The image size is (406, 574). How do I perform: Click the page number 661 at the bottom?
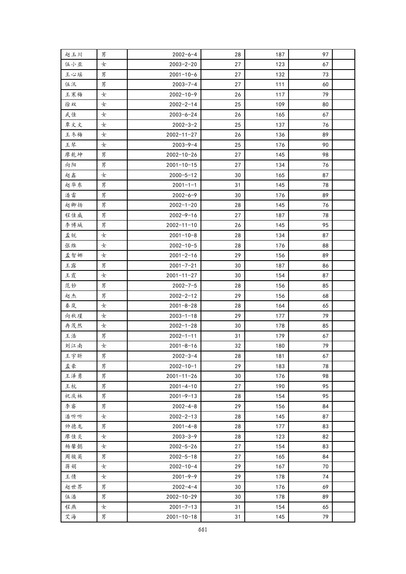(x=202, y=530)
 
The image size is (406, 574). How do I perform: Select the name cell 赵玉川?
(x=74, y=54)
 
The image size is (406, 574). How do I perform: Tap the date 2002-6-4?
(x=184, y=54)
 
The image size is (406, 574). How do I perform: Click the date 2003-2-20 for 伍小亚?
(x=183, y=64)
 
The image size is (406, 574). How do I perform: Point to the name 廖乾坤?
(x=74, y=155)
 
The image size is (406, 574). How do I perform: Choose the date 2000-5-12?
(x=183, y=175)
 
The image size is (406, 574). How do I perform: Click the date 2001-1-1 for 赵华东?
(x=184, y=185)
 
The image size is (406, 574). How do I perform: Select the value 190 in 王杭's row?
(x=280, y=386)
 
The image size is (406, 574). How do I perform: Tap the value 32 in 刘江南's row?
(x=238, y=346)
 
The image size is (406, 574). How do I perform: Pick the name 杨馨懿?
(x=74, y=446)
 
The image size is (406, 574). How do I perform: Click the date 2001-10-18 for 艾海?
(x=181, y=517)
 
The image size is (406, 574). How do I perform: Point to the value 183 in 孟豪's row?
(x=280, y=366)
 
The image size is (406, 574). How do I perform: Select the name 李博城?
(x=74, y=225)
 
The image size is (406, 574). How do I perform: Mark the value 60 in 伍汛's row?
(x=325, y=84)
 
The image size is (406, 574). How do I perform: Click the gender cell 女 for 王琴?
(x=104, y=145)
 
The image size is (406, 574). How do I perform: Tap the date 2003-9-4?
(x=184, y=145)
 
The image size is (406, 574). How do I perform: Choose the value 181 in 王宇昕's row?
(x=280, y=356)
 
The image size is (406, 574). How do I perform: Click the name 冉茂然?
(x=74, y=326)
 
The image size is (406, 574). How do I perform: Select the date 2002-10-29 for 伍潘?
(x=181, y=497)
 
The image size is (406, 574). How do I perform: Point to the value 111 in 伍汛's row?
(x=280, y=84)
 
